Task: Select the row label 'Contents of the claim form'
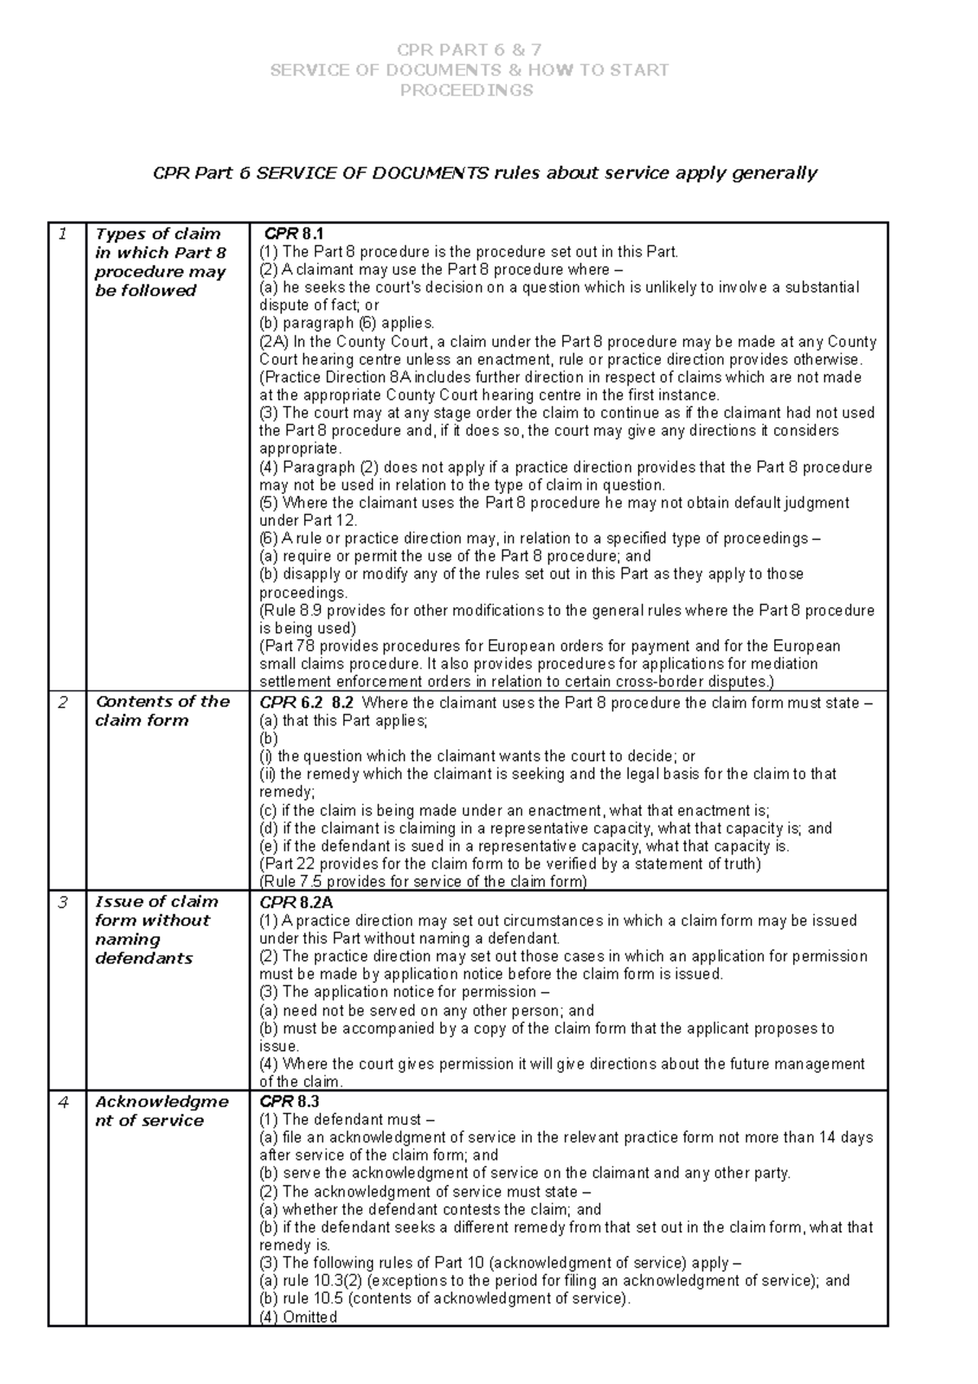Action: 162,711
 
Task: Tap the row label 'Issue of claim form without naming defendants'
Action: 156,930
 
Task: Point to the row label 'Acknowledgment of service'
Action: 161,1111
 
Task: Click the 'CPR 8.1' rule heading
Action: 294,235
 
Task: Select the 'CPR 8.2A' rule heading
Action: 296,903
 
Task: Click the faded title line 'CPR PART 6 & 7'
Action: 469,51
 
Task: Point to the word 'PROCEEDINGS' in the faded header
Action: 467,90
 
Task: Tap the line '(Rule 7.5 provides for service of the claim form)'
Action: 422,882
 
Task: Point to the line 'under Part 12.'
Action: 308,521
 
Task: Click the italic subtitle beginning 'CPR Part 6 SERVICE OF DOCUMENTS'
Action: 485,174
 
